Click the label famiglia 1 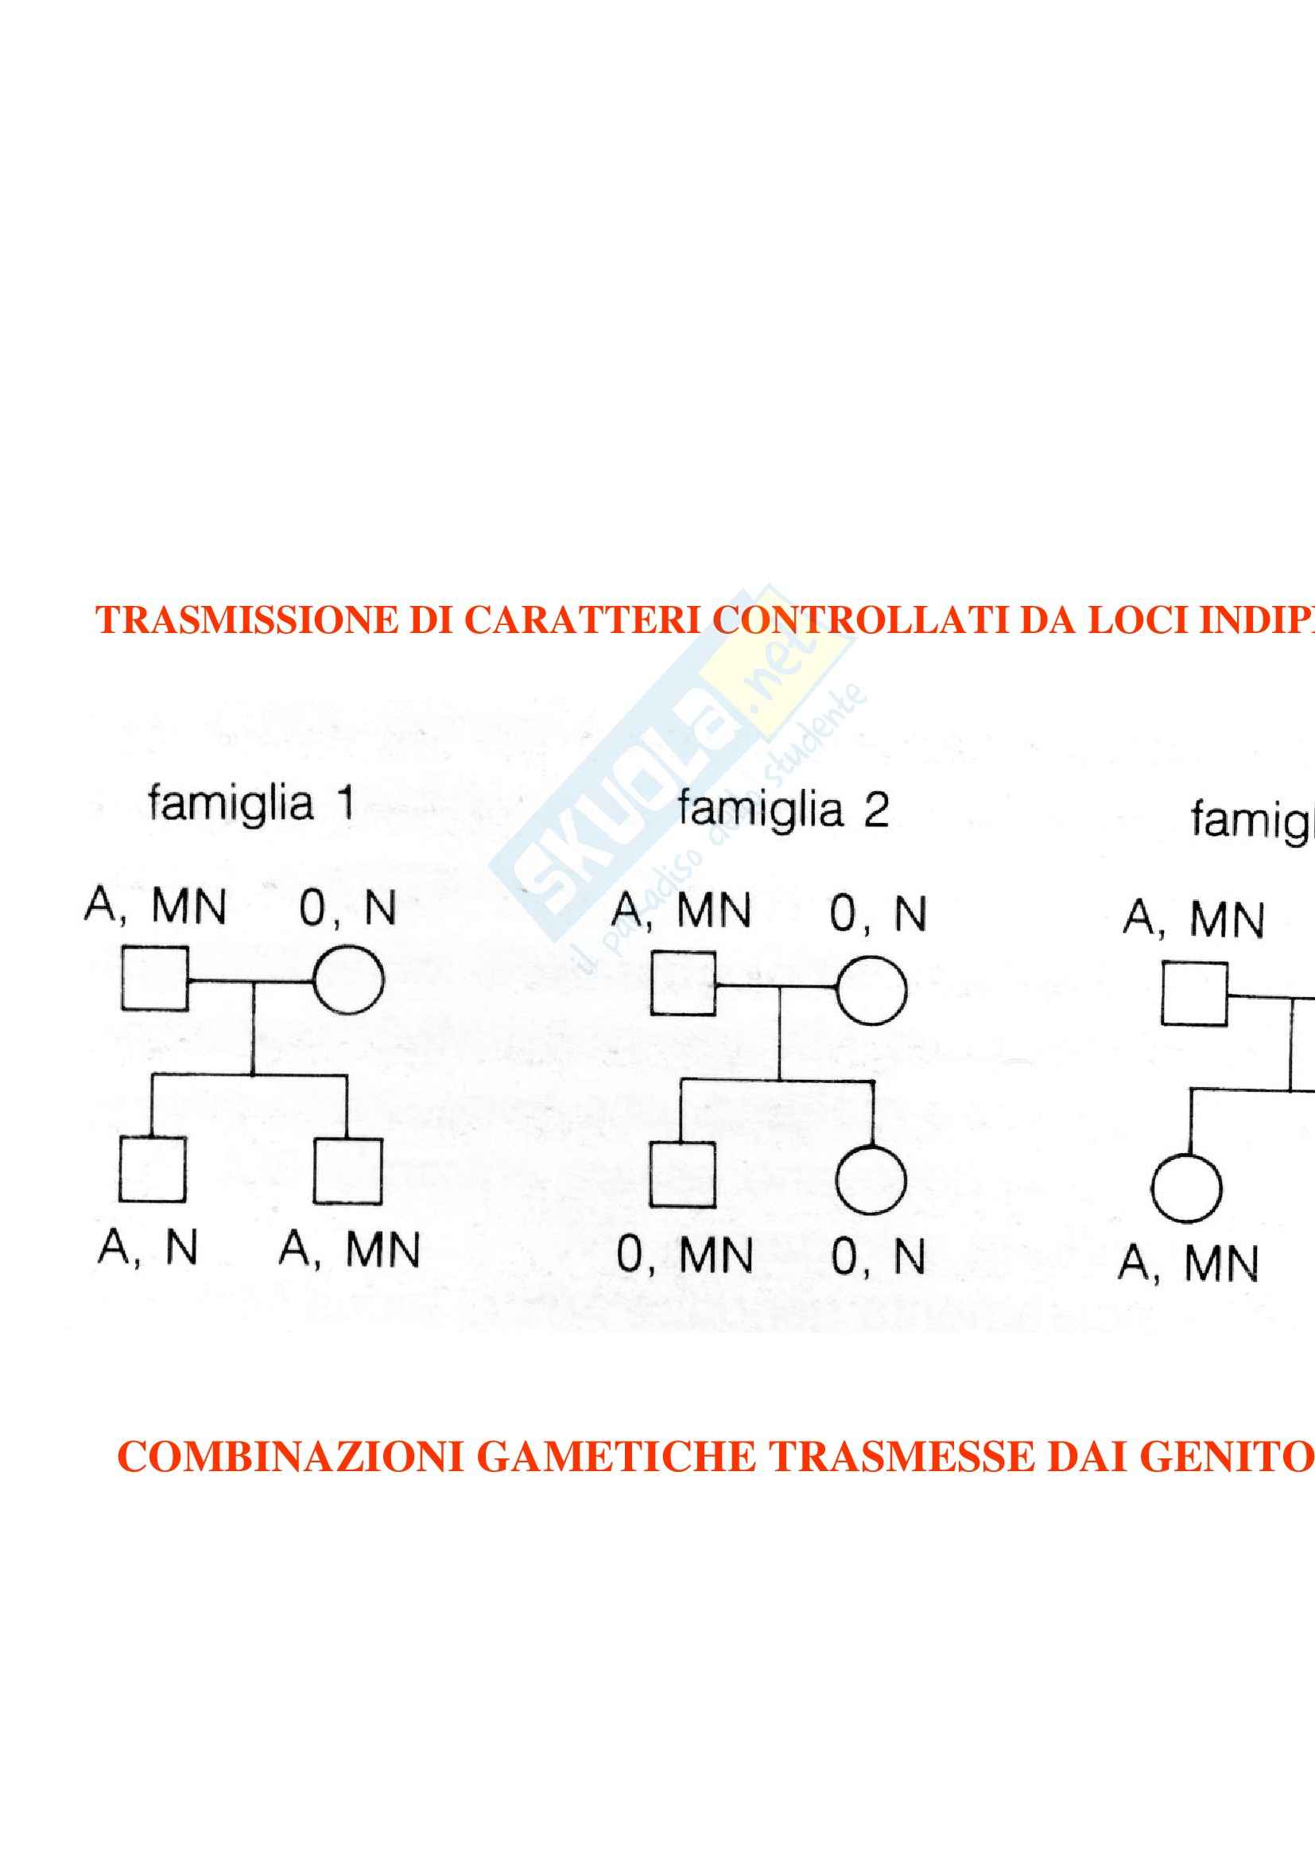pos(251,804)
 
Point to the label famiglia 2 pos(782,810)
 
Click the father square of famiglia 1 pos(155,979)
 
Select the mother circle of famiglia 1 pos(348,980)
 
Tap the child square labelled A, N pos(152,1170)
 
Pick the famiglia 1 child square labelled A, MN pos(347,1171)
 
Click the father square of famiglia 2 pos(683,984)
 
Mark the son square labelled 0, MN pos(682,1175)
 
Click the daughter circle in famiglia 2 pos(871,1179)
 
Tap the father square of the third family pos(1193,994)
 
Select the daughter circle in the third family pos(1186,1188)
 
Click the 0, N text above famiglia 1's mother pos(347,908)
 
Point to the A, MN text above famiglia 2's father pos(681,911)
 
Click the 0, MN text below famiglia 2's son pos(685,1256)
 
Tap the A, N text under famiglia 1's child pos(148,1248)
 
